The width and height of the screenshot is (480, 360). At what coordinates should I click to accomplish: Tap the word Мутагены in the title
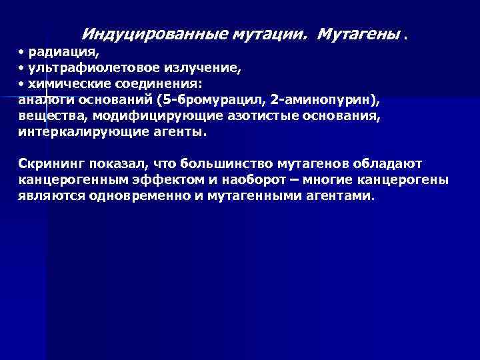(359, 33)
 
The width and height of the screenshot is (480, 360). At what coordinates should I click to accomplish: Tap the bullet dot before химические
(21, 84)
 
